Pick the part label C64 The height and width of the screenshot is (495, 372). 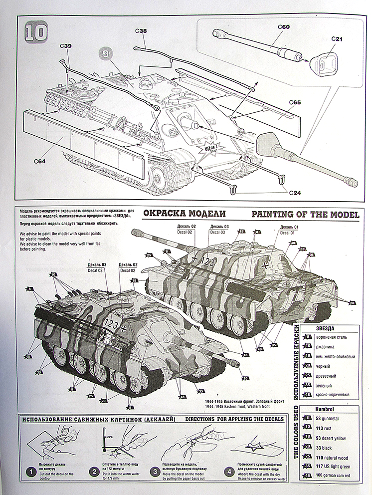41,161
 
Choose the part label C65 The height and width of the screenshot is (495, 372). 295,102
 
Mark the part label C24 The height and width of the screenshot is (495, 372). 295,192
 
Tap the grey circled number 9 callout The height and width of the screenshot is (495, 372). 105,52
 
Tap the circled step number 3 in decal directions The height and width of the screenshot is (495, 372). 156,471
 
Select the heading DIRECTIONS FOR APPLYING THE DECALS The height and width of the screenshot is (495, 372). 237,418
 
